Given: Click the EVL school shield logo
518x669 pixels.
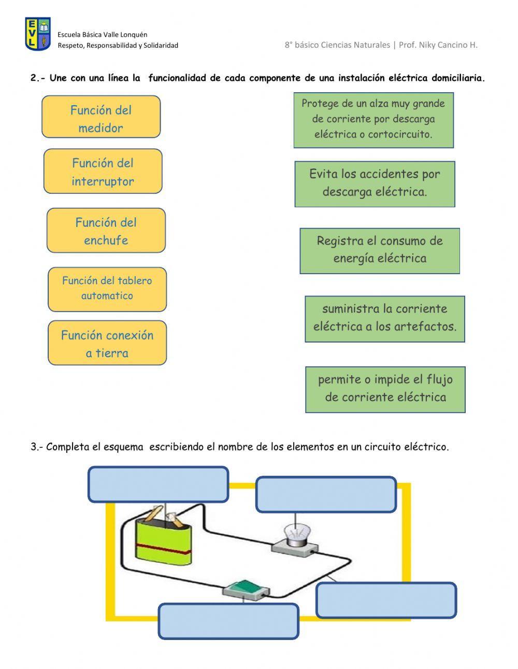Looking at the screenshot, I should [38, 34].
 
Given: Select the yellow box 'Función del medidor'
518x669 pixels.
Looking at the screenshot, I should [101, 117].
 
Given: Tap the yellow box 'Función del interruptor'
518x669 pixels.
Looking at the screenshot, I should [103, 172].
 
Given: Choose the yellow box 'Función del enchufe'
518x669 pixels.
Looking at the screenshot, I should [106, 231].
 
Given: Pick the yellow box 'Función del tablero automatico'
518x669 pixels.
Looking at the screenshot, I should [107, 289].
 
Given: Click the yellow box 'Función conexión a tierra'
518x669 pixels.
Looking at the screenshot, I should [107, 343].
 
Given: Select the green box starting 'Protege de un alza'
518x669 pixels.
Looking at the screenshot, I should [373, 120].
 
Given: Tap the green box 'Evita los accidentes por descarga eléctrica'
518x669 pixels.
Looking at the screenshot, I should [375, 184].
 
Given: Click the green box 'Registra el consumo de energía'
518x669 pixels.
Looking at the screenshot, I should [380, 251].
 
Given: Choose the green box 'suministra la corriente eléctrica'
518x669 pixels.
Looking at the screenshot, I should [385, 319].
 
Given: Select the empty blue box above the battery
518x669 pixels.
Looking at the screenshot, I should [158, 484].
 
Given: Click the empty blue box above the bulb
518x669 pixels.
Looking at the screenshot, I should [326, 494].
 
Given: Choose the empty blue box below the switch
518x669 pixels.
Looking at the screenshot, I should [228, 621].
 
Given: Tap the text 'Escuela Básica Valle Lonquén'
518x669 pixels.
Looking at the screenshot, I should [103, 35].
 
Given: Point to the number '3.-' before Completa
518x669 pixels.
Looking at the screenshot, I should [37, 447].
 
